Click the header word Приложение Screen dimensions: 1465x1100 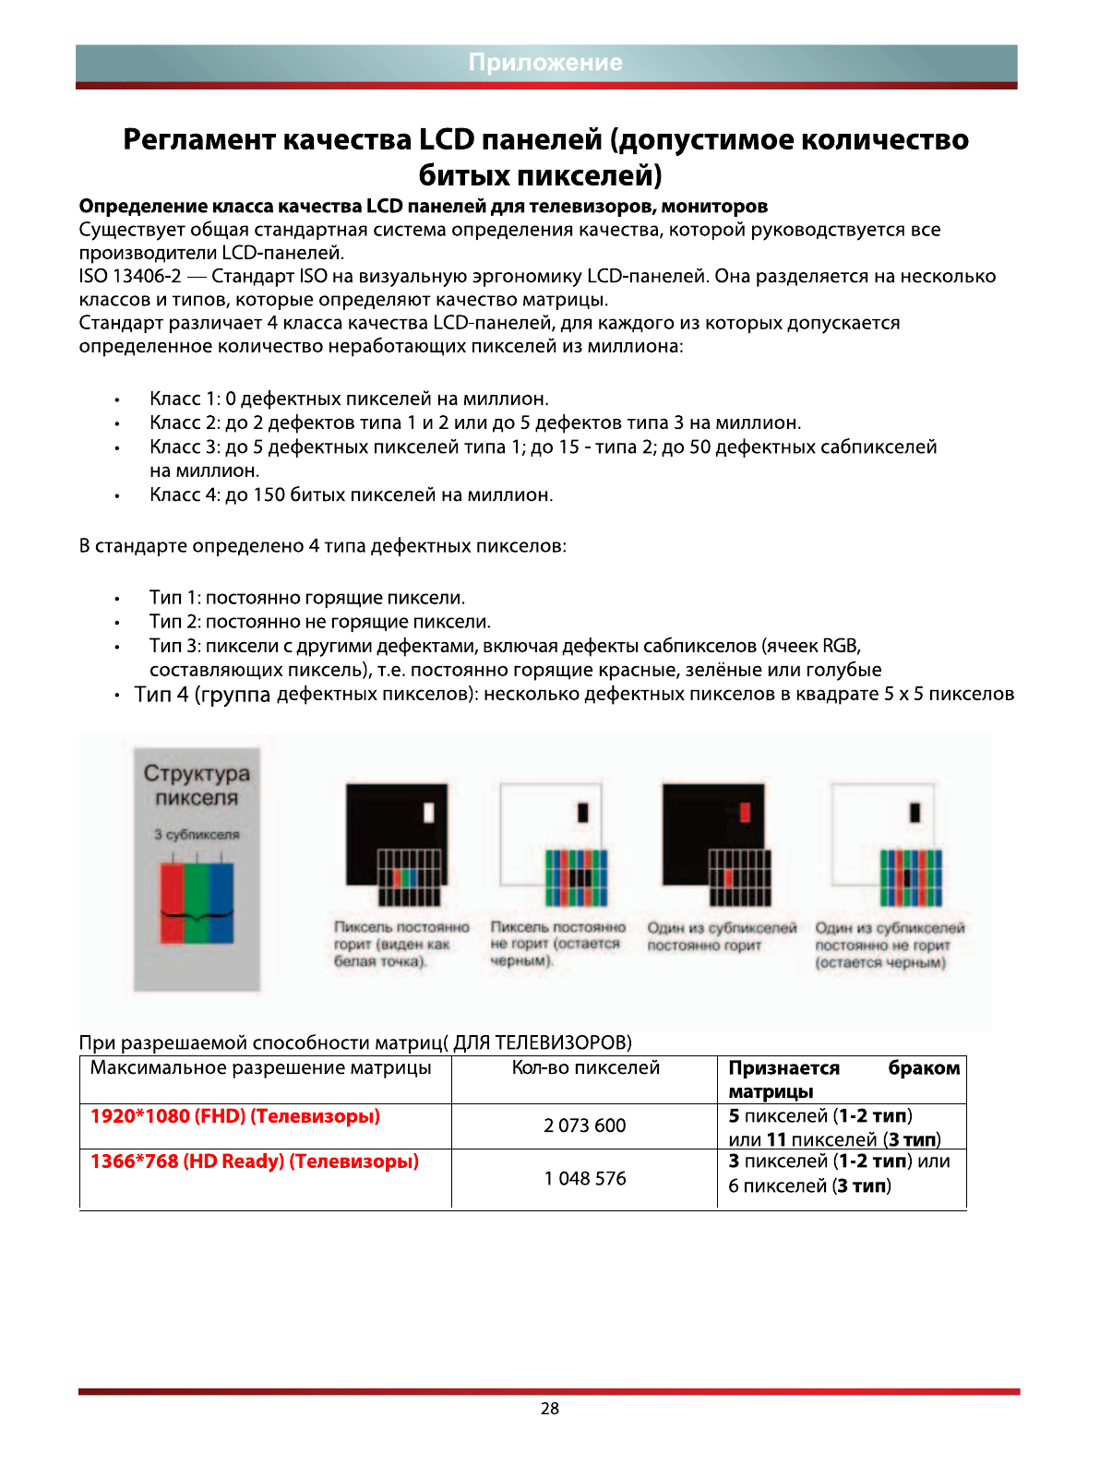click(545, 63)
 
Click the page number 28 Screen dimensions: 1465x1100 click(550, 1409)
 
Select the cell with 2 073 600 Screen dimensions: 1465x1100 click(585, 1126)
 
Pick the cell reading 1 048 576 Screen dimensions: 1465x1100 click(585, 1178)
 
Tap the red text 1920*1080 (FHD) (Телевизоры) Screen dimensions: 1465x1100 click(235, 1116)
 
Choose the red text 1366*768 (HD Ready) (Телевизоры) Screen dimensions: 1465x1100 click(255, 1161)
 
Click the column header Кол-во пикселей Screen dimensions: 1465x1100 click(586, 1068)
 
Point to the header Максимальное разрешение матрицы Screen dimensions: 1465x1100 click(261, 1068)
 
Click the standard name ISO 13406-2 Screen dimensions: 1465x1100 click(130, 277)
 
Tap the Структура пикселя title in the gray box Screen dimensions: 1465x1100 click(197, 785)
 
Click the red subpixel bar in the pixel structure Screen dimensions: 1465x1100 click(173, 902)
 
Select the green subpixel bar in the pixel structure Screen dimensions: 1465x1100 click(197, 902)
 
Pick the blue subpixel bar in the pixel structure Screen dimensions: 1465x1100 click(221, 902)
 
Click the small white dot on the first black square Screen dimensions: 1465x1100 click(429, 813)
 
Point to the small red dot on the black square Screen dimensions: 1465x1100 click(746, 813)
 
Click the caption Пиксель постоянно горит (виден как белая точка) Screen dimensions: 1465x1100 click(401, 944)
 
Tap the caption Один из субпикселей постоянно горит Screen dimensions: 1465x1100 click(722, 936)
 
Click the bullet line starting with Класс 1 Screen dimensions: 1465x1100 click(349, 399)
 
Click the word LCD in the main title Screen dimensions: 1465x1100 click(447, 140)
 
